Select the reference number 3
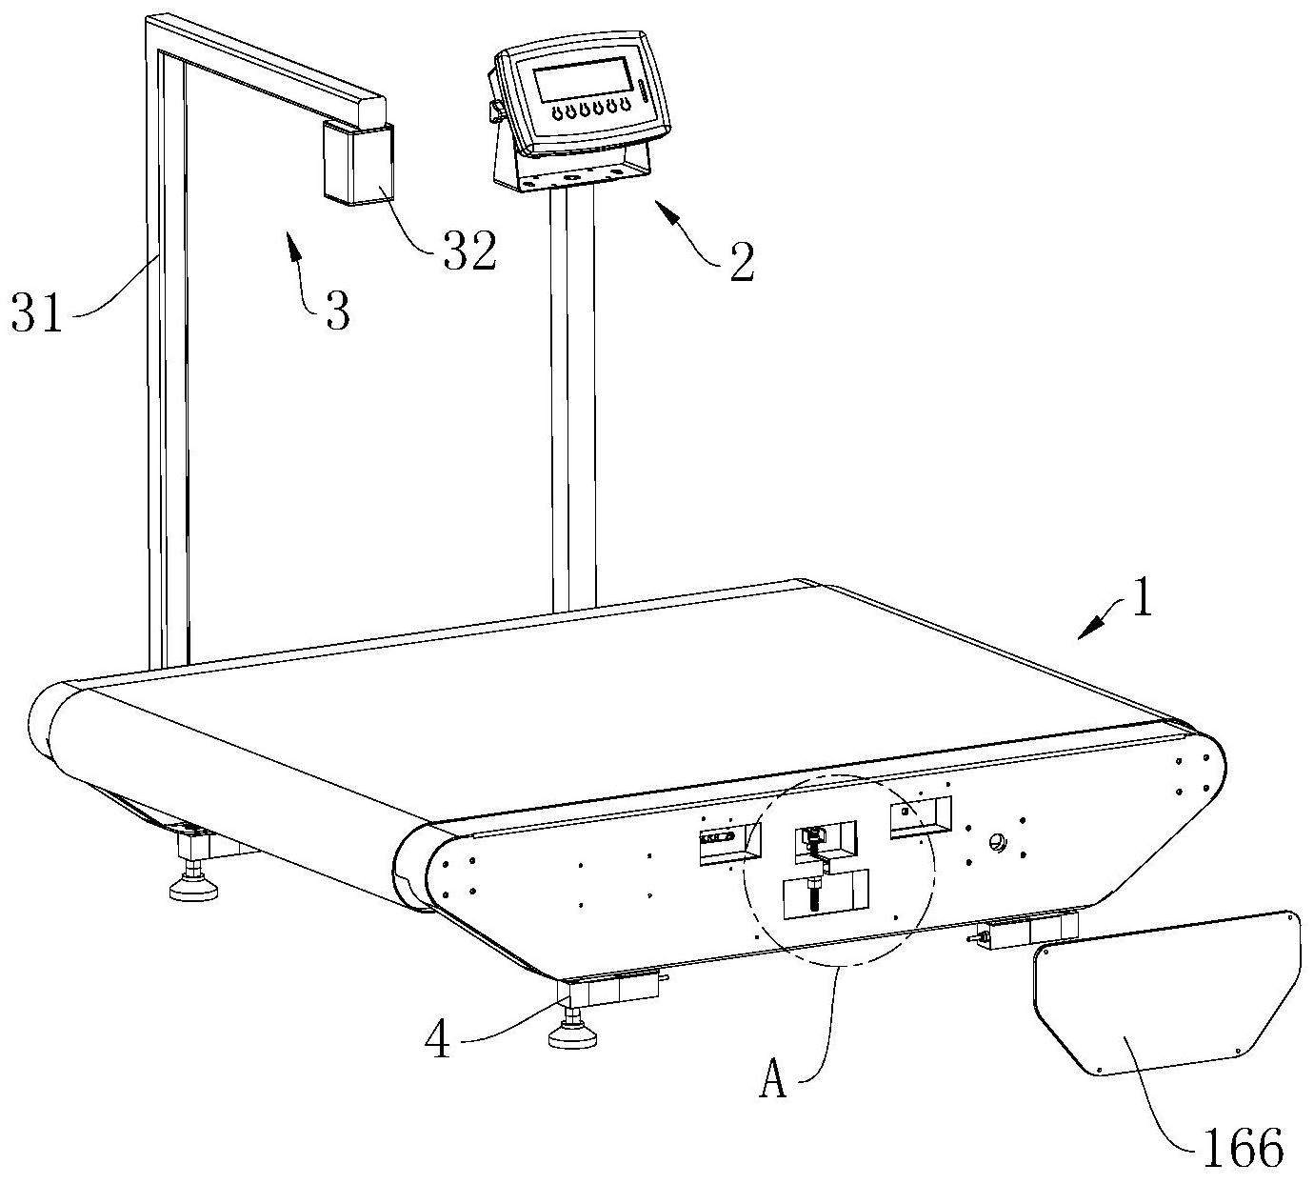(x=337, y=310)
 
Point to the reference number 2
(x=741, y=260)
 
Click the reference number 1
(x=1141, y=600)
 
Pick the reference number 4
(x=438, y=1041)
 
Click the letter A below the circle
(x=773, y=1081)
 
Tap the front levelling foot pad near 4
(x=576, y=1034)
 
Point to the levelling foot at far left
(x=194, y=887)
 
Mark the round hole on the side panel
(x=998, y=841)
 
